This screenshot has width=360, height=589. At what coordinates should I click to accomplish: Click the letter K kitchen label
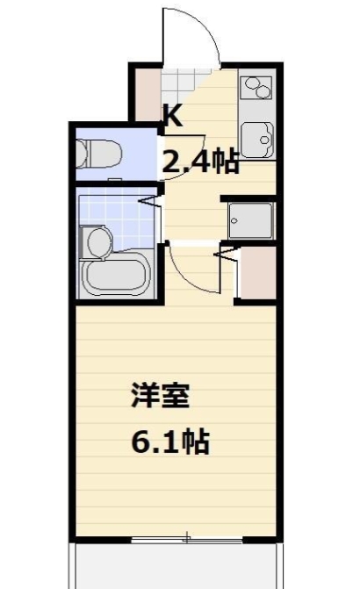(172, 115)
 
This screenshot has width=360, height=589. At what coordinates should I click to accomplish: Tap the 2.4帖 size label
(198, 161)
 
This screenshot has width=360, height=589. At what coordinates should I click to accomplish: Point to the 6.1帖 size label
(169, 442)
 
